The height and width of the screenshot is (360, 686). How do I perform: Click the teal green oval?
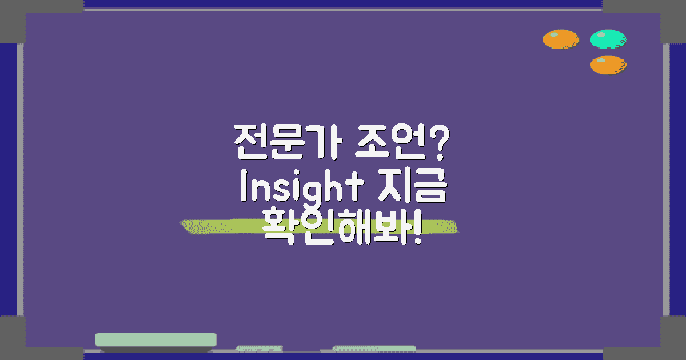608,39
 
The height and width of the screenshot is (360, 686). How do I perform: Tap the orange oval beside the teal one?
560,39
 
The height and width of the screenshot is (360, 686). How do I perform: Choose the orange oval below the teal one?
608,64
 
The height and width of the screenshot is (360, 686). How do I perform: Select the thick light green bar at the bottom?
155,339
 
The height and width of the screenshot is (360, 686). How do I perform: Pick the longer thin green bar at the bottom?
374,348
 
